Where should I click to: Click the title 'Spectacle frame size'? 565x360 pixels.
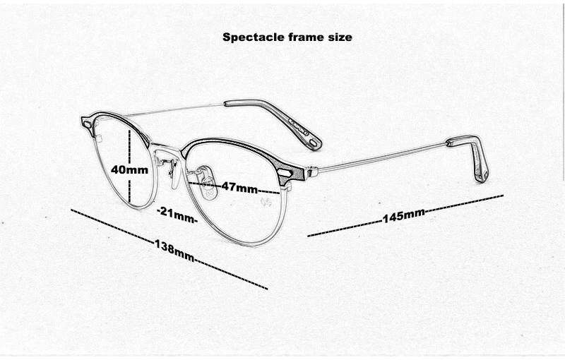[287, 37]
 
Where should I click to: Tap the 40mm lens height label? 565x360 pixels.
[129, 169]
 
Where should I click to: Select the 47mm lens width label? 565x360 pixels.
[239, 187]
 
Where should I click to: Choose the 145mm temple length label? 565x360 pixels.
[403, 215]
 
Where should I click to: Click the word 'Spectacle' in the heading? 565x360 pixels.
[254, 37]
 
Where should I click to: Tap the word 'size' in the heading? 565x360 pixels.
[340, 37]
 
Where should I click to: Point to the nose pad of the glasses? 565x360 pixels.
[209, 185]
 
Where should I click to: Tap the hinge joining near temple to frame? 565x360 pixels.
[311, 172]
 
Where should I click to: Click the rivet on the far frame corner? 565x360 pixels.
[88, 124]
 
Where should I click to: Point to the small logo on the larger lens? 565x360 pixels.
[266, 203]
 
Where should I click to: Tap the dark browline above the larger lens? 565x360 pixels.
[231, 147]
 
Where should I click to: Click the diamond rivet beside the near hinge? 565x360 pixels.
[286, 172]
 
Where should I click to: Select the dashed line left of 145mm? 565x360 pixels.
[345, 229]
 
